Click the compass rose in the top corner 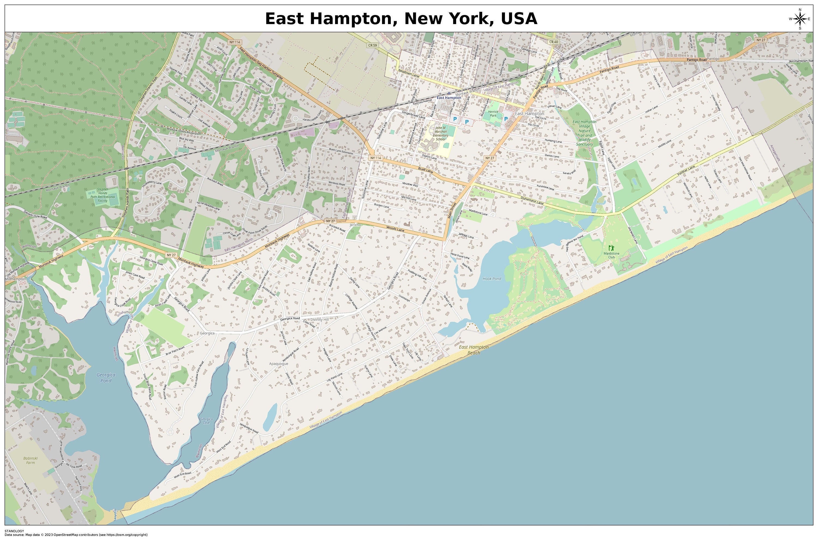click(x=799, y=19)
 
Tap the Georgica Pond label click(x=106, y=377)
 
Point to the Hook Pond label click(x=492, y=278)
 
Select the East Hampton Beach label click(x=473, y=350)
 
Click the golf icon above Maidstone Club click(x=612, y=248)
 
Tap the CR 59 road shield click(x=372, y=45)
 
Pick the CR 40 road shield click(x=553, y=42)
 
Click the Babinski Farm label click(x=30, y=460)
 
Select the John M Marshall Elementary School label click(x=440, y=133)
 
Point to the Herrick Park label click(x=493, y=113)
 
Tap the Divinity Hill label click(x=319, y=319)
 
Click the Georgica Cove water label click(x=206, y=421)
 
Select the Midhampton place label click(x=16, y=279)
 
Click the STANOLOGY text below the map click(x=14, y=531)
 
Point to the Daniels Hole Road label click(x=35, y=214)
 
